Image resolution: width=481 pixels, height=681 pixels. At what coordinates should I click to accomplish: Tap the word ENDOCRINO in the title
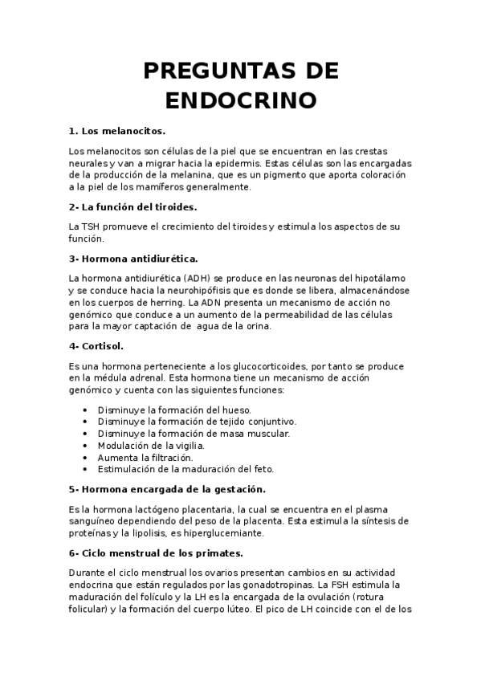pyautogui.click(x=241, y=100)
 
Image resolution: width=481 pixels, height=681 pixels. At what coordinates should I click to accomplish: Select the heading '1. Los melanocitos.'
pyautogui.click(x=117, y=130)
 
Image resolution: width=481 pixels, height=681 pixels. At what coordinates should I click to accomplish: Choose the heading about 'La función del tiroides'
pyautogui.click(x=133, y=206)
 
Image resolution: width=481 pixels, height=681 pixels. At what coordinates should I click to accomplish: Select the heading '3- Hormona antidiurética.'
pyautogui.click(x=133, y=258)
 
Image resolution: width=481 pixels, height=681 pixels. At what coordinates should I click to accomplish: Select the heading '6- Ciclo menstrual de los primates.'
pyautogui.click(x=156, y=553)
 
